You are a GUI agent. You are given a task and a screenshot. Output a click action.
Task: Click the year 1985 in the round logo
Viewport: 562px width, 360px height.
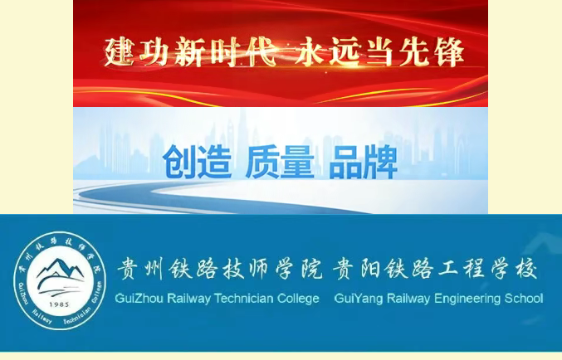pos(59,304)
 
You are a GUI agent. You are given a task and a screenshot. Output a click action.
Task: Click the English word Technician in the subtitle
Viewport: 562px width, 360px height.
pos(244,299)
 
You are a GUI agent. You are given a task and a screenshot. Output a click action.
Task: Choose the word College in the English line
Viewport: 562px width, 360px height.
pos(298,299)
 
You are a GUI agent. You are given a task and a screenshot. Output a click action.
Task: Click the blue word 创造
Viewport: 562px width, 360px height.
pos(197,162)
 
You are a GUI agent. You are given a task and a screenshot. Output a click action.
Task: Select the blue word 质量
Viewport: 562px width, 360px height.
pos(280,162)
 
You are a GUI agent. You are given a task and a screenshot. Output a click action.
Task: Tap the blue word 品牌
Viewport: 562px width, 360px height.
pos(363,162)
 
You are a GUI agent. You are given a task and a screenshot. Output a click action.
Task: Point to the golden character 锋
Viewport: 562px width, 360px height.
pos(449,52)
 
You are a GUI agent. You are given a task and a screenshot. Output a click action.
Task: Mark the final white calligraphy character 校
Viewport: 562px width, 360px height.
pos(526,268)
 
